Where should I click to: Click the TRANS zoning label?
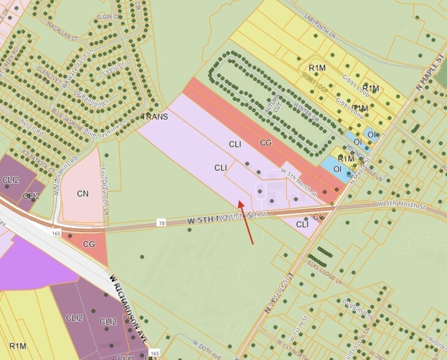(x=154, y=116)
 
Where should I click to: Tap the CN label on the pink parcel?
(x=83, y=193)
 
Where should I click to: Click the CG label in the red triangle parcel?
(x=89, y=244)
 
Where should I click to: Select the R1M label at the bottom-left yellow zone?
(x=18, y=346)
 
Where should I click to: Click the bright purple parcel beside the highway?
(x=31, y=264)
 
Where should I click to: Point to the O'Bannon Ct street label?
(x=90, y=97)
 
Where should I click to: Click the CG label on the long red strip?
(x=266, y=143)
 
